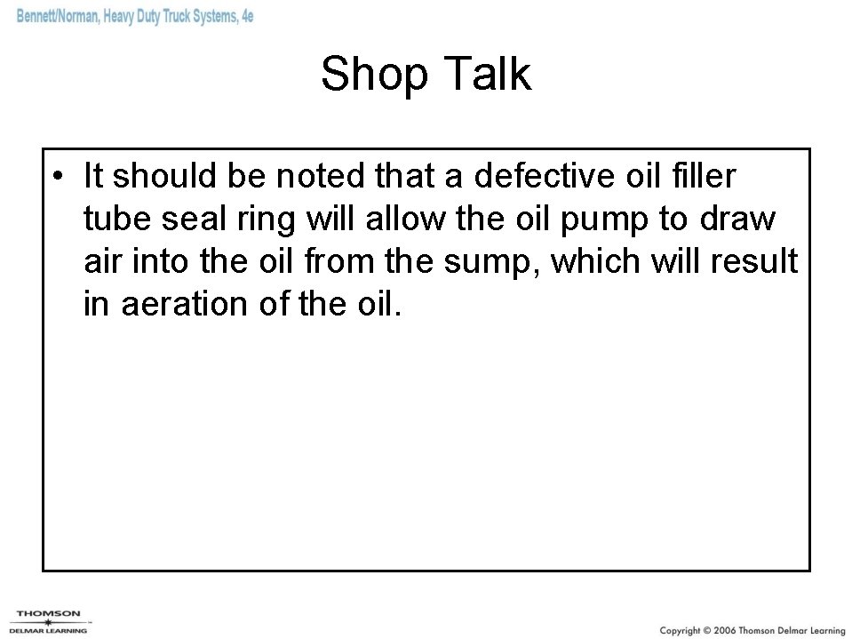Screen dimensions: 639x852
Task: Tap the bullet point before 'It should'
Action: point(57,176)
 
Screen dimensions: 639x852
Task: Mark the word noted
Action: point(317,176)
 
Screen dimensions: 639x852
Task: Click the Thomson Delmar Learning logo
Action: point(49,619)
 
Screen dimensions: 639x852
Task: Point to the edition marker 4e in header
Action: point(247,17)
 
